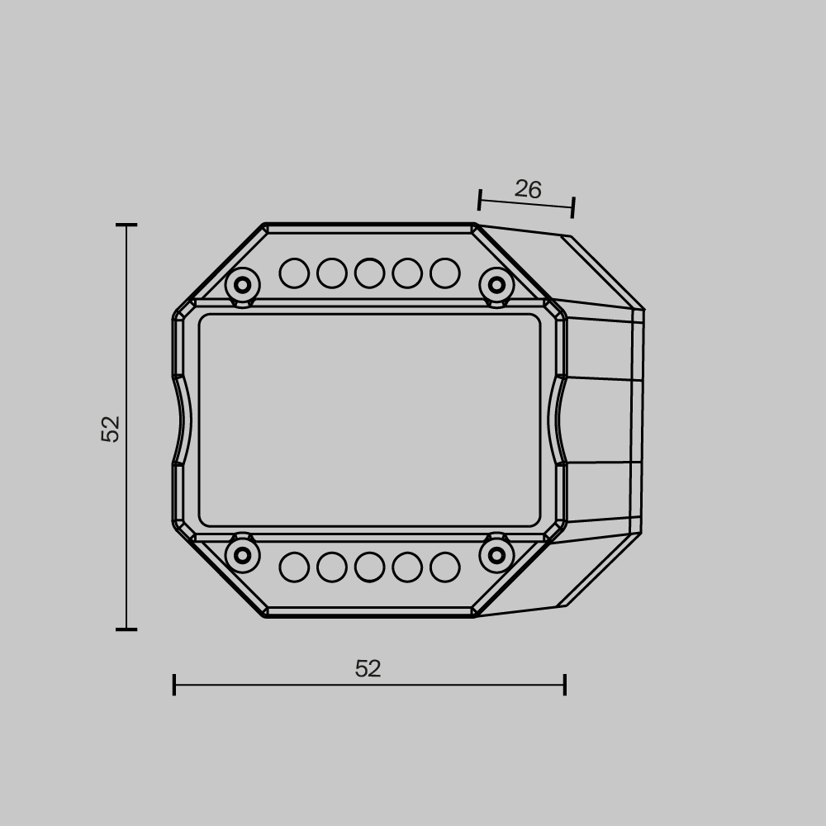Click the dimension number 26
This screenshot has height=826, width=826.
pos(528,189)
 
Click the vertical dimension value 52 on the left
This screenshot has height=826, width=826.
pos(111,429)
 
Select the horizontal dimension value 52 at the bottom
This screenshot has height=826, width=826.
pos(368,668)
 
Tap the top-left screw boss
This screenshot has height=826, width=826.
pos(242,285)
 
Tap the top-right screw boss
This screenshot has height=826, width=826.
pos(496,285)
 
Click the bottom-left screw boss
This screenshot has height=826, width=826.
pos(242,555)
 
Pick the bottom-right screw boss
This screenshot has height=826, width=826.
pos(496,555)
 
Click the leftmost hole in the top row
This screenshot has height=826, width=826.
pos(294,273)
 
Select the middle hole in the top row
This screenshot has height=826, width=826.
pos(369,273)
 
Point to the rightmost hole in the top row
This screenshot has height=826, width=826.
pos(444,273)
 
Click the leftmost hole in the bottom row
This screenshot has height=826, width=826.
pos(294,567)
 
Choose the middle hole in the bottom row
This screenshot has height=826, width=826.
pos(369,567)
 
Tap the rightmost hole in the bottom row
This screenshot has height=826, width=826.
pos(444,567)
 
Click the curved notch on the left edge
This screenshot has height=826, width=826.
pos(183,420)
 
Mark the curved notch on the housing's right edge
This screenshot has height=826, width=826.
pos(558,420)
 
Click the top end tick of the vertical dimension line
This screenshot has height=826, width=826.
pos(126,225)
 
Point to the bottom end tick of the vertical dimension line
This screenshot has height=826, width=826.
pos(126,629)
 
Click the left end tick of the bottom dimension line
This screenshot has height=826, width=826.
pos(174,685)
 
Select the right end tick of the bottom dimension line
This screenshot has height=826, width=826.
pos(565,685)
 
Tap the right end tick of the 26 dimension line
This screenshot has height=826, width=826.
pos(572,207)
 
